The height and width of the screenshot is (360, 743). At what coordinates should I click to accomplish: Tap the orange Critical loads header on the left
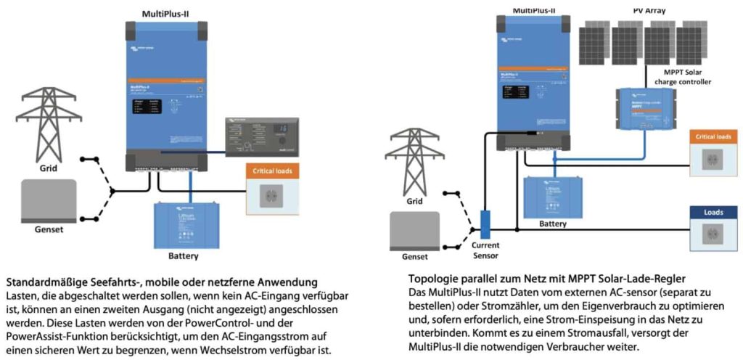pyautogui.click(x=272, y=171)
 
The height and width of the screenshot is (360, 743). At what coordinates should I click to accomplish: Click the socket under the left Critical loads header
pyautogui.click(x=272, y=197)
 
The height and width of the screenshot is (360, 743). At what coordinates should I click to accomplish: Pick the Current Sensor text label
pyautogui.click(x=485, y=250)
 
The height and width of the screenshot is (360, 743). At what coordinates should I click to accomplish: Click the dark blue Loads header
pyautogui.click(x=715, y=213)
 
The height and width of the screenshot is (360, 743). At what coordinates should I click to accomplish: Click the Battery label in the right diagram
pyautogui.click(x=552, y=224)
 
